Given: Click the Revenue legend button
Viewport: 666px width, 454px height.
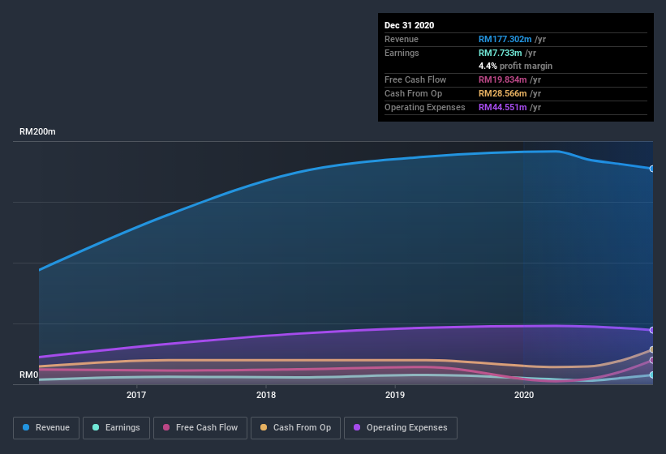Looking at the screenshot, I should point(46,427).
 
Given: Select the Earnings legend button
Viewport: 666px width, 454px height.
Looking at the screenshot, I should point(116,427).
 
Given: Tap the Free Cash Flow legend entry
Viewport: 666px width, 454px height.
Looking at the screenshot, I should point(200,427).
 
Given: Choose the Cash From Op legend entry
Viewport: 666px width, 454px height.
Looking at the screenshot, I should point(294,427).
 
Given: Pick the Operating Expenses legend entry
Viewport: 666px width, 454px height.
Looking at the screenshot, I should point(400,427).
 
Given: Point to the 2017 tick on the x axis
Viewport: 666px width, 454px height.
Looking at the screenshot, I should point(136,396).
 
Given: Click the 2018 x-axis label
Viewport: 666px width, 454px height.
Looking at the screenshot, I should point(265,396).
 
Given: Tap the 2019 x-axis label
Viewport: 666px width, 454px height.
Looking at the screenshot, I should point(395,396).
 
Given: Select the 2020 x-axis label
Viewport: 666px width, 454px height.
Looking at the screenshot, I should point(524,396).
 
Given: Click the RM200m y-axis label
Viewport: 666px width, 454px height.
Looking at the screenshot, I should point(37,131).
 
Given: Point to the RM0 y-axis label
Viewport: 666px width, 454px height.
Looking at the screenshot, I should point(28,375).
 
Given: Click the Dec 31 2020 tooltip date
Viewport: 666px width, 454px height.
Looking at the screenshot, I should point(409,25).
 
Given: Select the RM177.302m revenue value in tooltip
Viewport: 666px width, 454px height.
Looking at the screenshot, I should point(505,39).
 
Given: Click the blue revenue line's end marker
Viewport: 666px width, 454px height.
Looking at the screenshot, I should point(652,169).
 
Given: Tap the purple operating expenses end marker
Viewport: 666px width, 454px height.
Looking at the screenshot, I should point(652,330).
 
